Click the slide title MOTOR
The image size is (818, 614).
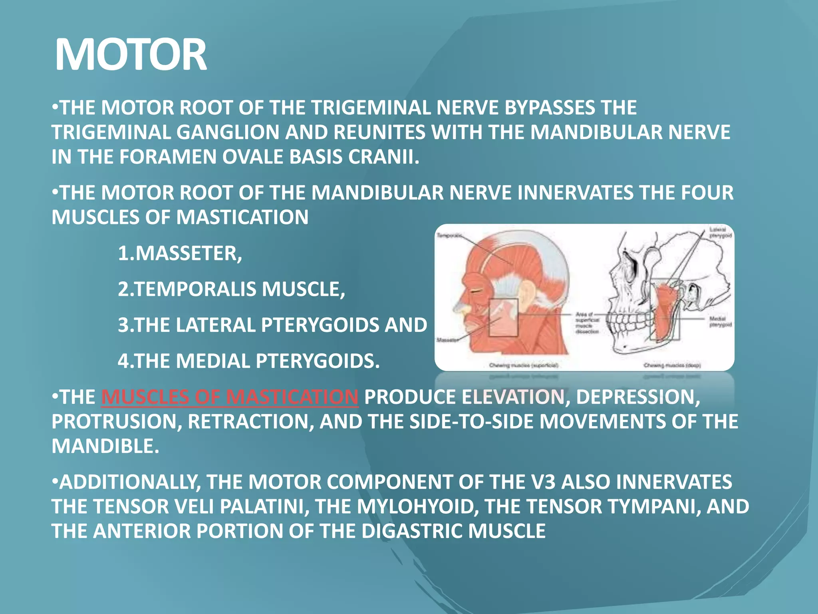pos(131,55)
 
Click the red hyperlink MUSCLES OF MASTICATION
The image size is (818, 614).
pos(230,397)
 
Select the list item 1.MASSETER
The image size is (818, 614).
pos(180,253)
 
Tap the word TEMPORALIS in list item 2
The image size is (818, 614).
pos(196,289)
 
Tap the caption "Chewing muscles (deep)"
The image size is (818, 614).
pos(672,365)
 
